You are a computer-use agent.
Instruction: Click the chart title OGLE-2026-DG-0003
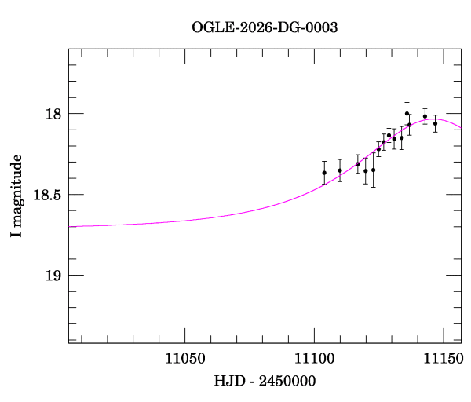(265, 27)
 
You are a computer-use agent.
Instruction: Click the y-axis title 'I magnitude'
(16, 196)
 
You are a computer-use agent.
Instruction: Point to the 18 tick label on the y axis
(53, 114)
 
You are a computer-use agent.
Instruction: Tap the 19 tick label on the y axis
(53, 276)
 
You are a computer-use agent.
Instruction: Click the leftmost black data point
(324, 173)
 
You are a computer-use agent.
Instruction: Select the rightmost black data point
(435, 123)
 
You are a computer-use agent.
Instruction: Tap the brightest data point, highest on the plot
(407, 113)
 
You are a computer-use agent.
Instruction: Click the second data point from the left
(340, 170)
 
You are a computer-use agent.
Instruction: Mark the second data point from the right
(425, 116)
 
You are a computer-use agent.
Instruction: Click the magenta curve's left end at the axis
(70, 226)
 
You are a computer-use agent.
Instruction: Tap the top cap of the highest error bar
(407, 102)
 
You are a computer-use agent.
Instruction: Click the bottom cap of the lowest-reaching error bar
(374, 187)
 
